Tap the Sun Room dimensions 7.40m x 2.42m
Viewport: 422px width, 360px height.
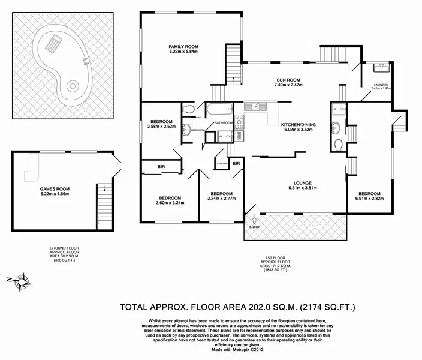(288, 86)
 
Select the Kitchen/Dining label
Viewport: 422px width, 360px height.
(298, 125)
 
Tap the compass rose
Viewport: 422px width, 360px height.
(22, 280)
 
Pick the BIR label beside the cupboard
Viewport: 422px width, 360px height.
(236, 163)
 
